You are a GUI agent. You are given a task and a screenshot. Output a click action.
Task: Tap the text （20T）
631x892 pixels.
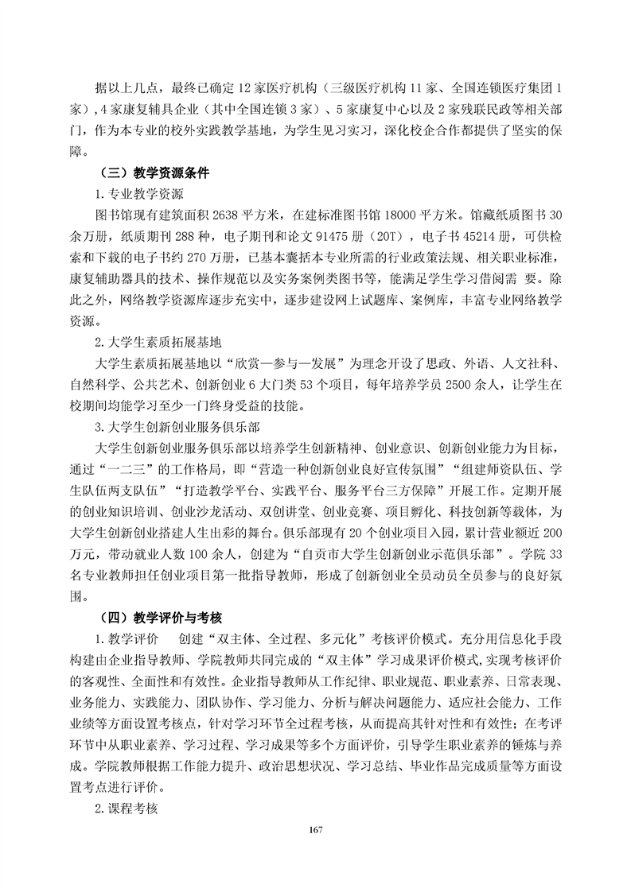coord(390,236)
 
